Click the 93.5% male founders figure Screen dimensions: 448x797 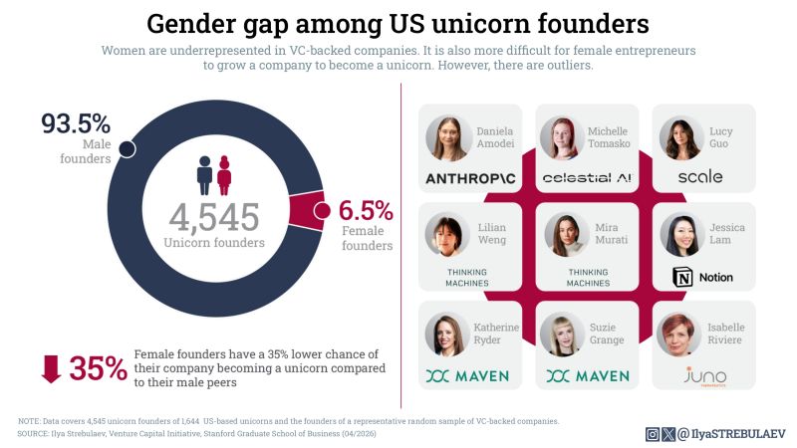(x=75, y=125)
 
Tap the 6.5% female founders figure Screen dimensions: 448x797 (x=366, y=210)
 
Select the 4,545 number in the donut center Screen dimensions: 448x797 (x=213, y=217)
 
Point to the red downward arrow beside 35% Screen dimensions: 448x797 (x=51, y=368)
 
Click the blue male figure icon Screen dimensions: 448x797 (x=204, y=174)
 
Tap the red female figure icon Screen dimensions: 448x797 (x=224, y=174)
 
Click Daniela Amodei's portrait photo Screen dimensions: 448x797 (x=448, y=138)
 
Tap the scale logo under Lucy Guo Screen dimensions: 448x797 (x=699, y=177)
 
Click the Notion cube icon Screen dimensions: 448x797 (x=684, y=278)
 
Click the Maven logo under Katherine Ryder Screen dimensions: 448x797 (x=468, y=375)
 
